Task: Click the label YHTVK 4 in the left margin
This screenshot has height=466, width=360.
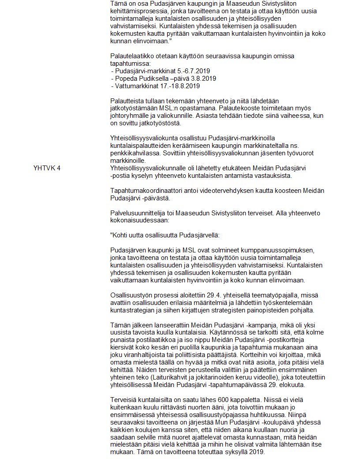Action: [x=47, y=168]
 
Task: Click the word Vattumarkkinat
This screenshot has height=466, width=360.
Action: [x=136, y=86]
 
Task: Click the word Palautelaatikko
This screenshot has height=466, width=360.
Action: [x=132, y=56]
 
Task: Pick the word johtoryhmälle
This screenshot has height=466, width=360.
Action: [x=131, y=116]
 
